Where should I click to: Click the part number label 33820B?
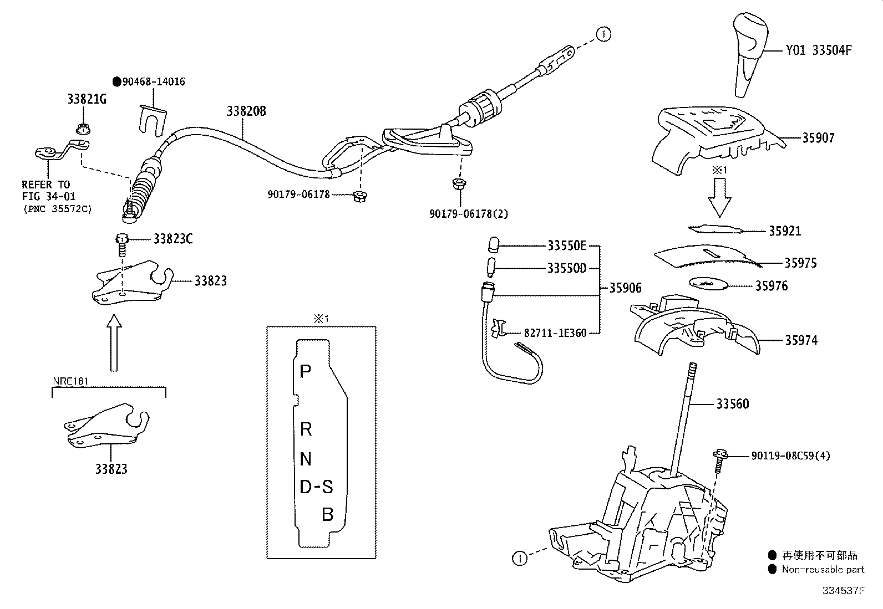pyautogui.click(x=246, y=111)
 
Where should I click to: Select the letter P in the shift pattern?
pyautogui.click(x=305, y=371)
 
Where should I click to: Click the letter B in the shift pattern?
pyautogui.click(x=327, y=515)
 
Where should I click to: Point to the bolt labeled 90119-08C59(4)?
pyautogui.click(x=719, y=460)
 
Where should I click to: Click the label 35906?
pyautogui.click(x=625, y=288)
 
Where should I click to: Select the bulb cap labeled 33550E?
pyautogui.click(x=493, y=244)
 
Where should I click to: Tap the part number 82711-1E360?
pyautogui.click(x=555, y=333)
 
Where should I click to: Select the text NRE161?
pyautogui.click(x=70, y=381)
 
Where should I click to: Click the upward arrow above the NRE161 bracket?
pyautogui.click(x=114, y=342)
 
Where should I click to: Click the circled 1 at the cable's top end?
pyautogui.click(x=603, y=34)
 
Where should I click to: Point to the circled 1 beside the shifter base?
pyautogui.click(x=519, y=559)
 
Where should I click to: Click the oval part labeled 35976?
pyautogui.click(x=708, y=284)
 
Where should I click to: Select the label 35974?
pyautogui.click(x=801, y=340)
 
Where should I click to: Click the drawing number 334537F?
pyautogui.click(x=843, y=591)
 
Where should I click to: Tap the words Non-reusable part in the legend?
pyautogui.click(x=823, y=570)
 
